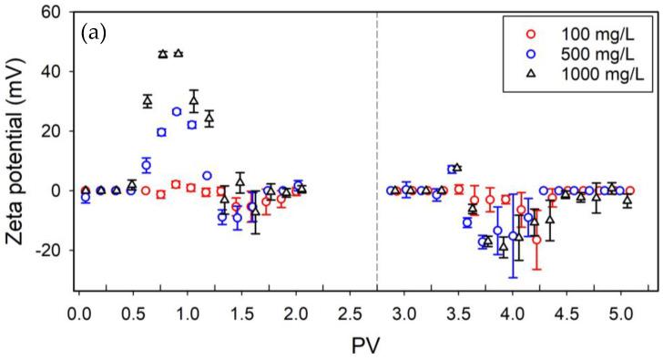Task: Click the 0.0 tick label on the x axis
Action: coord(79,313)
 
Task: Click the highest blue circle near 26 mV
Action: coord(177,112)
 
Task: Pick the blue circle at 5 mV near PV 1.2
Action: coord(207,176)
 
